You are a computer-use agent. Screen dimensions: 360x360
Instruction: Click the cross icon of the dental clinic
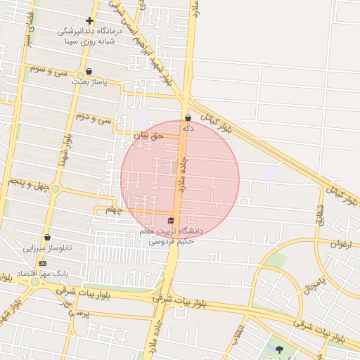tap(89, 20)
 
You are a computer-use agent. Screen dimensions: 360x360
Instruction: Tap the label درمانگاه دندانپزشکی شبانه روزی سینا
tap(89, 35)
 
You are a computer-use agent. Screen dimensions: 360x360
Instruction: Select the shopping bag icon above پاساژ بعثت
tap(89, 71)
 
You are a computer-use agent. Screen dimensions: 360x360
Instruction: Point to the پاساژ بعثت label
tap(89, 82)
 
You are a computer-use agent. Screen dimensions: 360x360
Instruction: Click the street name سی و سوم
tap(47, 70)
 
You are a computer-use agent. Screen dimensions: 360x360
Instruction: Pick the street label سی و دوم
tap(96, 117)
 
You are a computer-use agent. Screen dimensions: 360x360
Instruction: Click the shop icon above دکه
tap(188, 117)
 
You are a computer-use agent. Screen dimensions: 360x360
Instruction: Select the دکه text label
tap(188, 129)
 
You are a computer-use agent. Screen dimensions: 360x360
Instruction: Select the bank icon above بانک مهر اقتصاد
tap(42, 262)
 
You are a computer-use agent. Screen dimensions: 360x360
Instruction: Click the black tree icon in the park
tap(280, 349)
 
